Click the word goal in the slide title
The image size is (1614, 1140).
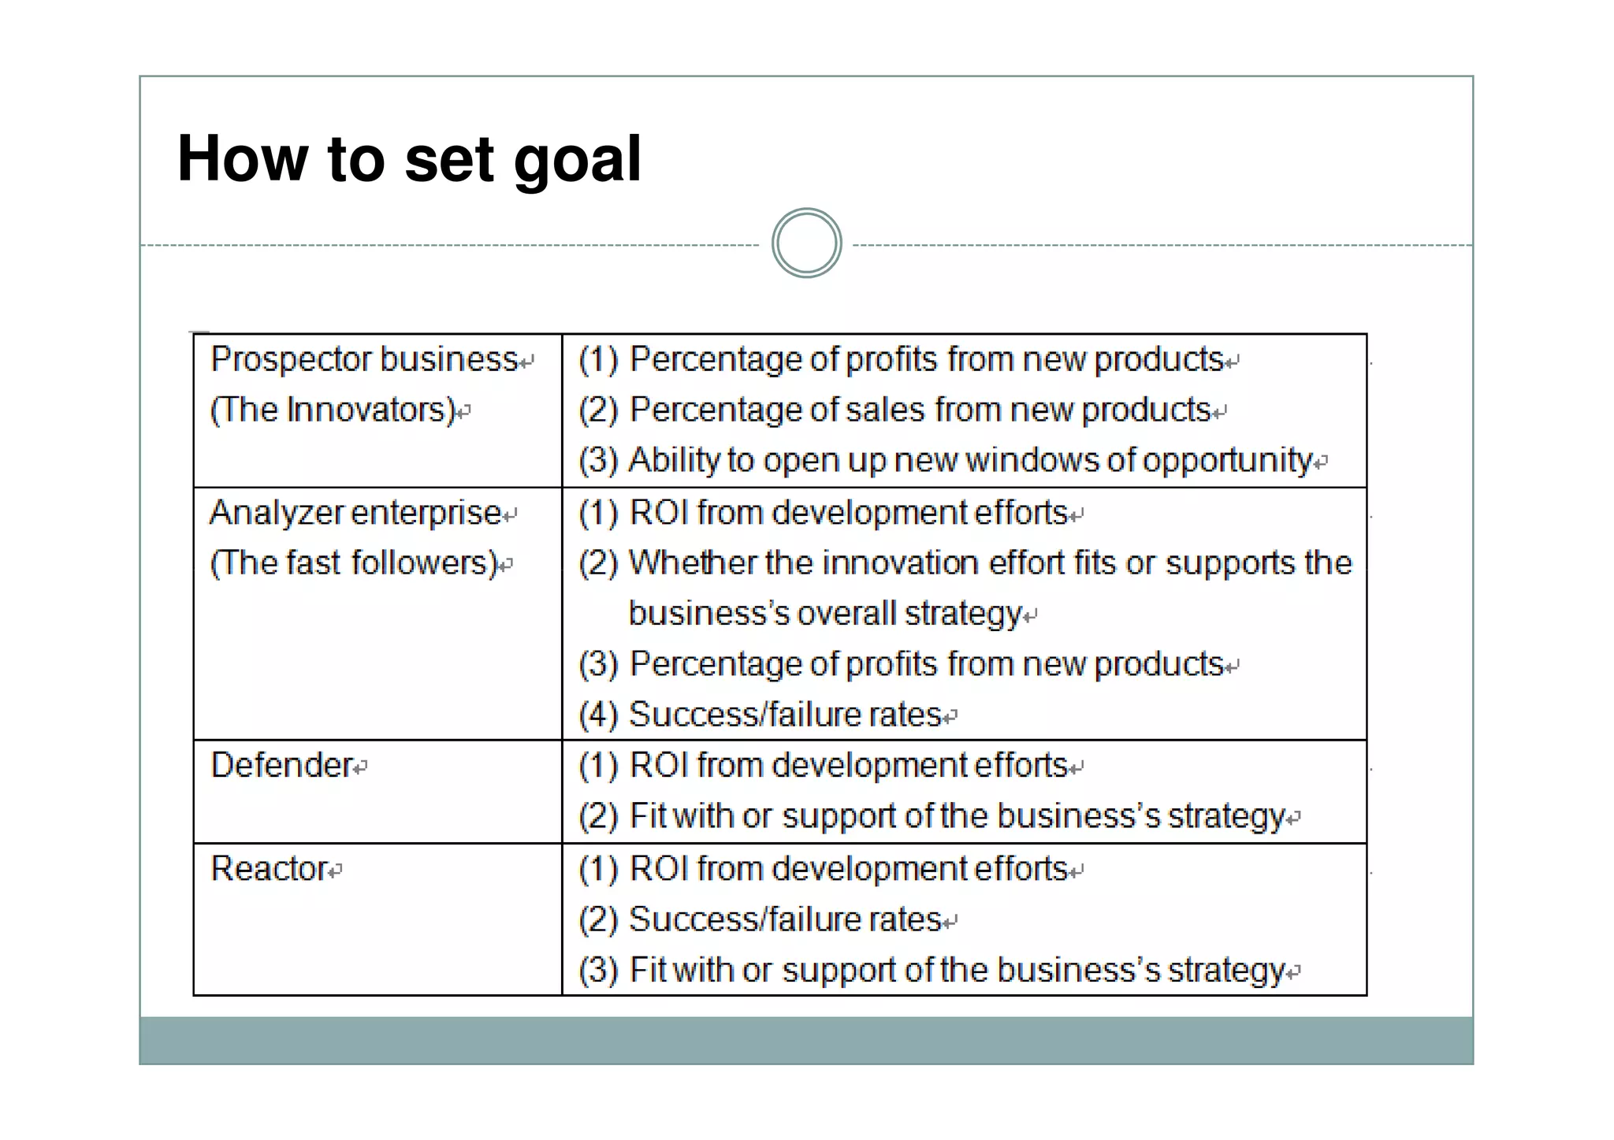[x=578, y=160]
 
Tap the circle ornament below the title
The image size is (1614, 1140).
[x=806, y=243]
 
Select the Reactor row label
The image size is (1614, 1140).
[x=270, y=869]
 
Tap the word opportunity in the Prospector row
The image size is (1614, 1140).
[x=1228, y=461]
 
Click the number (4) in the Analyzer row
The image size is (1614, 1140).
[x=598, y=715]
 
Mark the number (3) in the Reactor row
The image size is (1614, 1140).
[x=598, y=970]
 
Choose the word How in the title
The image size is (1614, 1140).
[x=242, y=160]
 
